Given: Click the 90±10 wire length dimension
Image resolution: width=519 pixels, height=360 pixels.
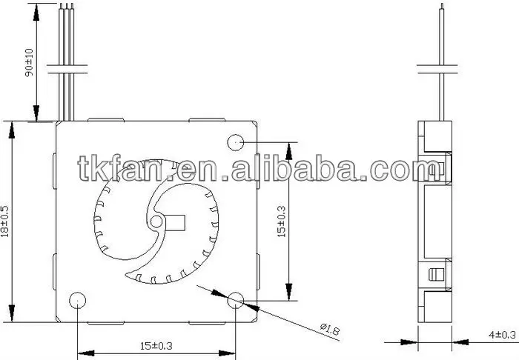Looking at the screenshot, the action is pos(30,62).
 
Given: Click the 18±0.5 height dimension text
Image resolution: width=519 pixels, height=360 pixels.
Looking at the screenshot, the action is pos(5,221).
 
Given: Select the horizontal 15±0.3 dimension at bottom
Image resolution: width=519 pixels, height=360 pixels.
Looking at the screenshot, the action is pos(156,346).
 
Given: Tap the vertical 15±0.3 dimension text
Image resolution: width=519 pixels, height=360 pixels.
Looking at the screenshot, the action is pos(281,221).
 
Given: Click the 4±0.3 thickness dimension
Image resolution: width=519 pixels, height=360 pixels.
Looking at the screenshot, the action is pos(502,335).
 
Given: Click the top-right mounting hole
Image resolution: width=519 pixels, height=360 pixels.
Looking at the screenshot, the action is pos(236,142).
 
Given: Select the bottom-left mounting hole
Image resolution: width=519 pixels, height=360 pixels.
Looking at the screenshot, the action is pos(77,300).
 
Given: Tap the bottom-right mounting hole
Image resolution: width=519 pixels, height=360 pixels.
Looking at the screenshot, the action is pos(236,300).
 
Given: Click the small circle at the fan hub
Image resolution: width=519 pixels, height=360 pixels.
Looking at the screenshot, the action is pos(156,221).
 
